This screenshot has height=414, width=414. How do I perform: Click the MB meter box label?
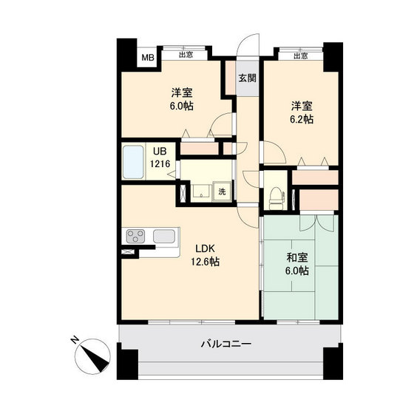(x=148, y=58)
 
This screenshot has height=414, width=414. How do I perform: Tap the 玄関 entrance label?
(x=248, y=78)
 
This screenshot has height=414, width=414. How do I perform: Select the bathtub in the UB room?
(x=134, y=162)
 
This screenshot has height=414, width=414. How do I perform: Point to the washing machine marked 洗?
(x=223, y=191)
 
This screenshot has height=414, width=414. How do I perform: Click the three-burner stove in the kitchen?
(x=135, y=236)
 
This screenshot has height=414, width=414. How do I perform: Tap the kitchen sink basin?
(x=164, y=236)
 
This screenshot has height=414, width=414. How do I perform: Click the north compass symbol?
(x=92, y=356)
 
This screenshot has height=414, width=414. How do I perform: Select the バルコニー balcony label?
(x=226, y=344)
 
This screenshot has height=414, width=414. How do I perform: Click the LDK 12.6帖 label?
(x=206, y=255)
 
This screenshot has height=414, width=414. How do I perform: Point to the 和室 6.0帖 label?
(x=297, y=264)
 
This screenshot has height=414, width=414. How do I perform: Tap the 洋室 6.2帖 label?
(x=302, y=112)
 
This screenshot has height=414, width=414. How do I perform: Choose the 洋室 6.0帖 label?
(x=182, y=99)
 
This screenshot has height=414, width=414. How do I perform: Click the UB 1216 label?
(x=160, y=157)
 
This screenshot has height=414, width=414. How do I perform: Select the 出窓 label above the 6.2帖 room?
(x=301, y=55)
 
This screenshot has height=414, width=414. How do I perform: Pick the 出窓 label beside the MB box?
(x=186, y=55)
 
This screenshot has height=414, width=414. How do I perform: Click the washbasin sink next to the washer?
(x=201, y=191)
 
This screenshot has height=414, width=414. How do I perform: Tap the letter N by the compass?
(x=75, y=339)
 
